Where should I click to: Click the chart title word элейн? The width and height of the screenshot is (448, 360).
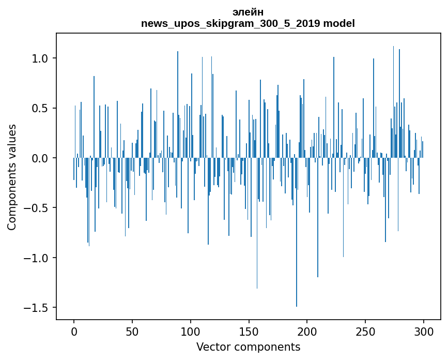(x=248, y=12)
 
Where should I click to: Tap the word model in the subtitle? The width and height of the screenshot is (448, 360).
(x=339, y=23)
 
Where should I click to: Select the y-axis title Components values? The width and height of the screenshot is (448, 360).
(x=12, y=177)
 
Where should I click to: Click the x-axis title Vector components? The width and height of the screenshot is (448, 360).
(x=248, y=347)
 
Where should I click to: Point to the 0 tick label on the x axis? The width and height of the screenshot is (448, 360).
(x=74, y=331)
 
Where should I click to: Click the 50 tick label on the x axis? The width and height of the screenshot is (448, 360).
(x=132, y=331)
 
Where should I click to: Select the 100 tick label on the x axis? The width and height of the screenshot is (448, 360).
(x=191, y=331)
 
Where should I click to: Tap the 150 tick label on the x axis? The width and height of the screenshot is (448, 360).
(x=249, y=331)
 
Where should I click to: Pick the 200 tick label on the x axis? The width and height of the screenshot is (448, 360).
(x=307, y=331)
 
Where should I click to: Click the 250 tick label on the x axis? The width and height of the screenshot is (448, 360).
(x=366, y=331)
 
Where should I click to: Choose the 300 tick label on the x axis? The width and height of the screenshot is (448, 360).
(x=424, y=331)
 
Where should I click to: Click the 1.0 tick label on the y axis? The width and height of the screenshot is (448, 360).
(x=40, y=58)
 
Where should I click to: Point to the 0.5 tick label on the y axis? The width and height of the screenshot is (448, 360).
(x=40, y=108)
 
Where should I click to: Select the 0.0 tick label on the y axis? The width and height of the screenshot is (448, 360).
(x=40, y=158)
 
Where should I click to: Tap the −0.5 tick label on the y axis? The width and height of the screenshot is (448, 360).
(x=37, y=208)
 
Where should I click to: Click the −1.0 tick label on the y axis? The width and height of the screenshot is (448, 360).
(x=37, y=258)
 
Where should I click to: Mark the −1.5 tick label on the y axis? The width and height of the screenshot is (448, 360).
(x=37, y=308)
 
